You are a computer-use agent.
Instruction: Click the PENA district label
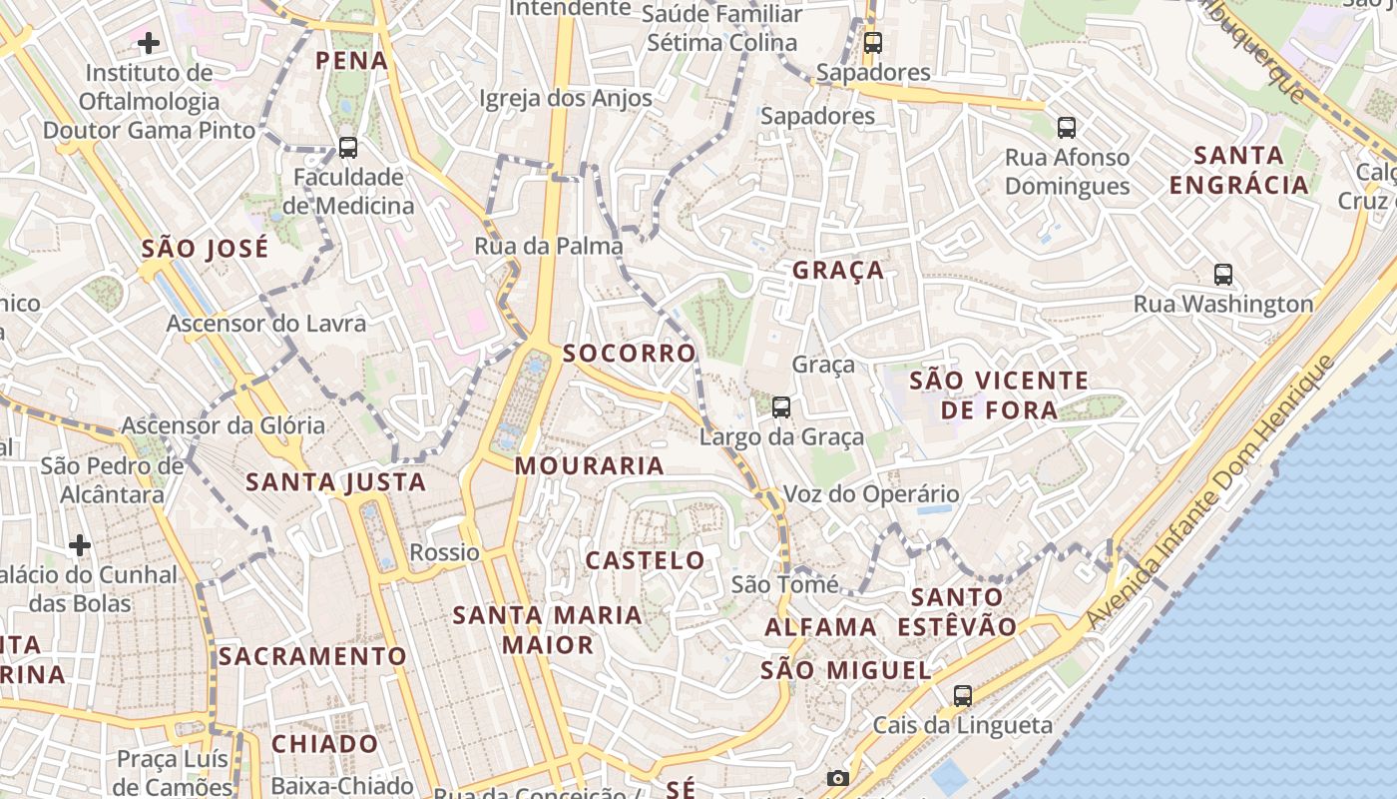(351, 61)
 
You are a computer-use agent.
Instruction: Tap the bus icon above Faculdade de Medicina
(348, 148)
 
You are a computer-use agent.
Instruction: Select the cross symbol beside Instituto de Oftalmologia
(149, 43)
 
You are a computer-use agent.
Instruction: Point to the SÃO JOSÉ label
(205, 249)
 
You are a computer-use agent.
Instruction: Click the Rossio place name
(444, 552)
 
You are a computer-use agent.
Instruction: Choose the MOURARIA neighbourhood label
(589, 465)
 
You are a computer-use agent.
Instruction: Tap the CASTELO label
(645, 560)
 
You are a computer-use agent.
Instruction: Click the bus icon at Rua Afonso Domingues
(1067, 128)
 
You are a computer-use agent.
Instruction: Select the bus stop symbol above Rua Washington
(1223, 275)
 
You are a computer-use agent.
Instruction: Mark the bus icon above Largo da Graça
(781, 407)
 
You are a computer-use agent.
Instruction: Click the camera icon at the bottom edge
(838, 778)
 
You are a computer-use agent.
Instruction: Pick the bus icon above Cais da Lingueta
(963, 696)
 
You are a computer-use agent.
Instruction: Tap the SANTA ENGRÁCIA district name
(1238, 170)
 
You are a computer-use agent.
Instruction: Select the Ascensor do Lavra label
(265, 324)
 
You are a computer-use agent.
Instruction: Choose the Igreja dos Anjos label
(566, 98)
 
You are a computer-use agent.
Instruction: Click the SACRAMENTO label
(312, 656)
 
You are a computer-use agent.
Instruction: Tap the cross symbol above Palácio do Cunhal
(80, 545)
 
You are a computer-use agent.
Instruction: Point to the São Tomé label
(784, 584)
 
